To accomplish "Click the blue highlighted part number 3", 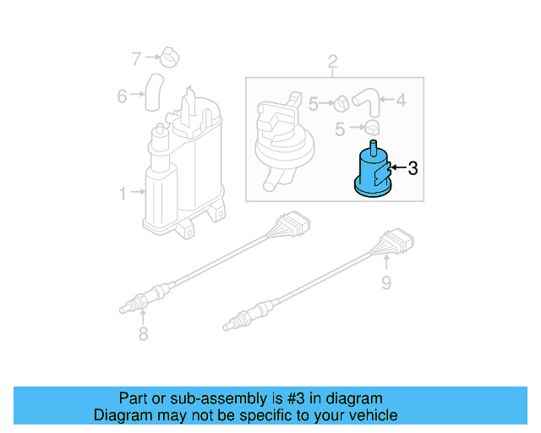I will (372, 173).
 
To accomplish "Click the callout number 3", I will (413, 168).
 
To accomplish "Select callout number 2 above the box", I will (332, 61).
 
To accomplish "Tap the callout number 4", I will (400, 101).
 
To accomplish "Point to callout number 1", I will (123, 194).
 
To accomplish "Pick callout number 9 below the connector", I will (386, 282).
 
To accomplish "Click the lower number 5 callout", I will (342, 129).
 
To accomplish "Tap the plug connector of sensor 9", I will (396, 244).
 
